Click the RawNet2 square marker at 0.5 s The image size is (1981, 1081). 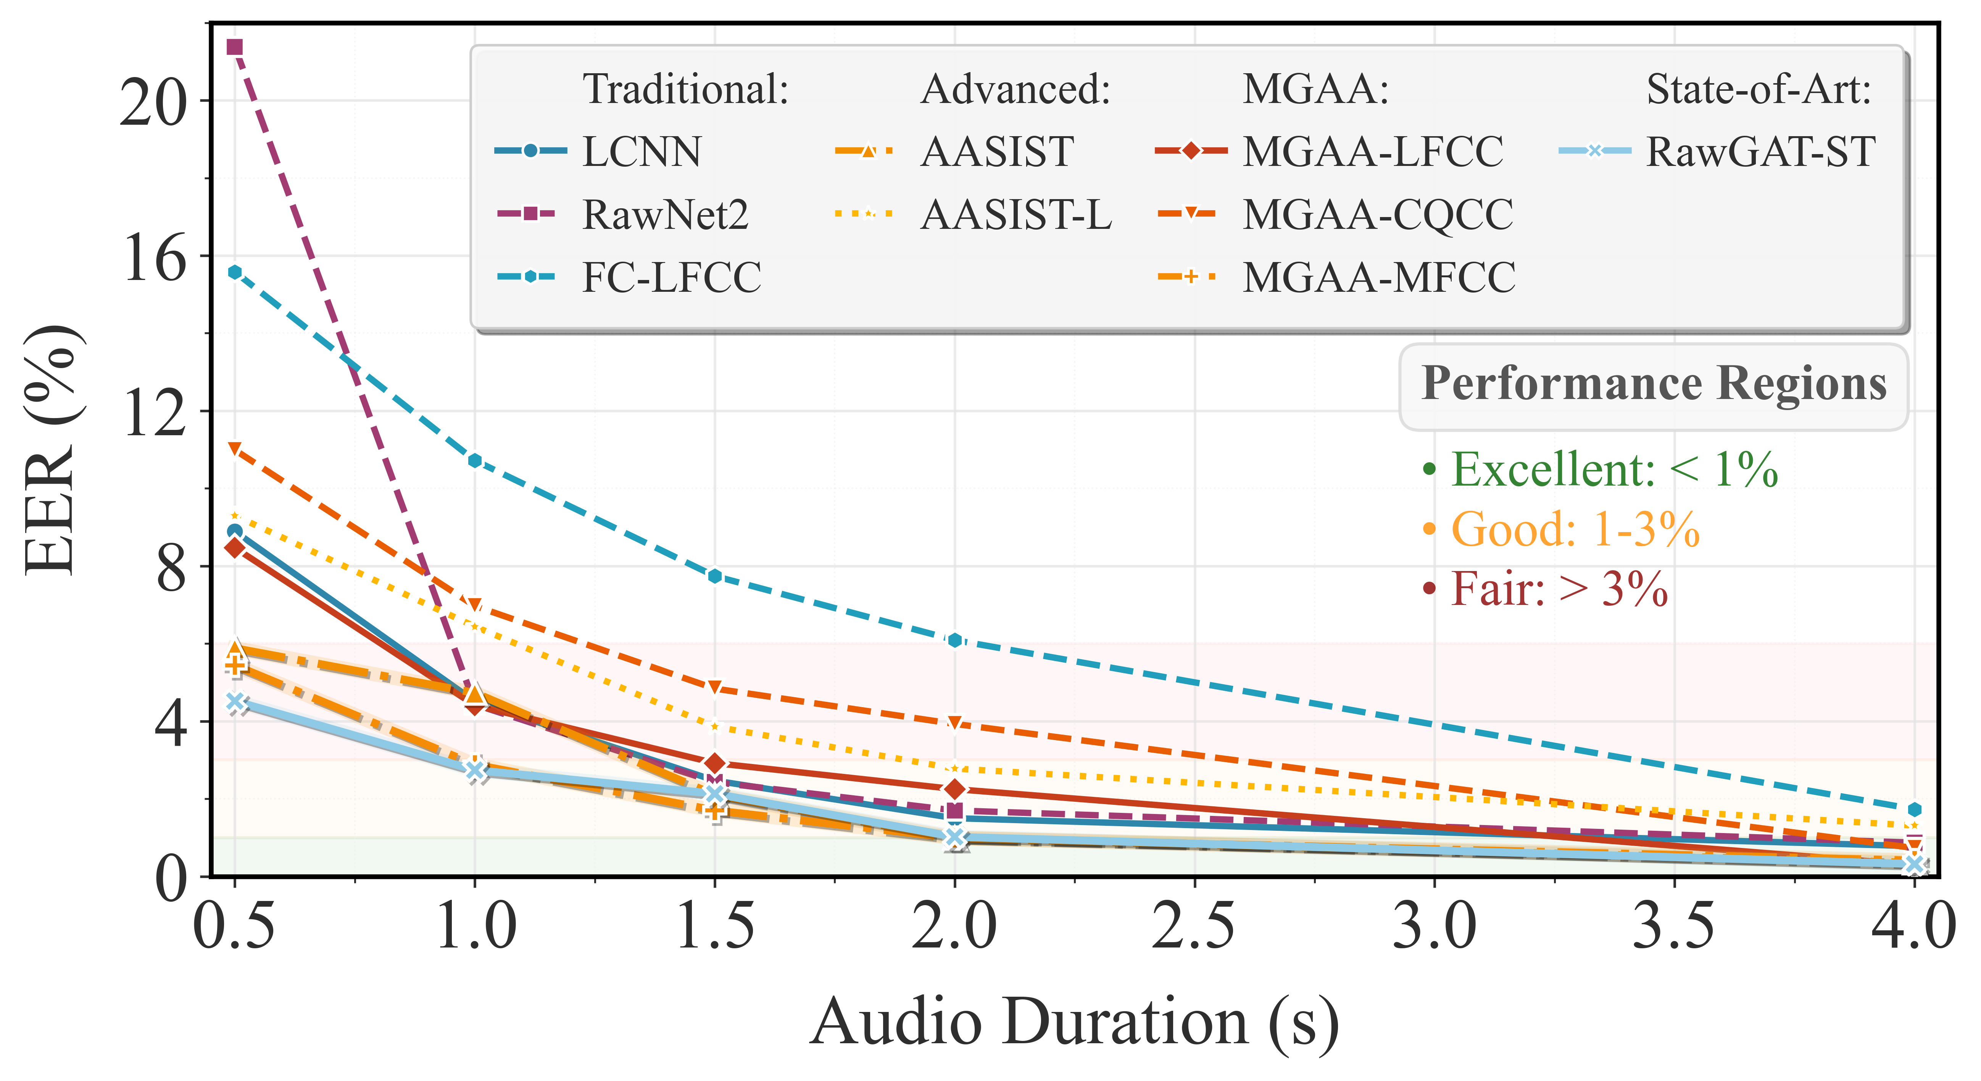click(x=235, y=48)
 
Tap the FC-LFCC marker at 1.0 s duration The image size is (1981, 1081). click(x=474, y=460)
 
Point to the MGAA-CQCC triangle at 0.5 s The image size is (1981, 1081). click(x=235, y=448)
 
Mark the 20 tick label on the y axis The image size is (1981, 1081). click(x=154, y=102)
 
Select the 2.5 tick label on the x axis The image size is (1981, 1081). click(x=1193, y=926)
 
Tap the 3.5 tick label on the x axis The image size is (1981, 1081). click(x=1673, y=926)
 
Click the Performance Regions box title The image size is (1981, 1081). click(x=1654, y=384)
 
